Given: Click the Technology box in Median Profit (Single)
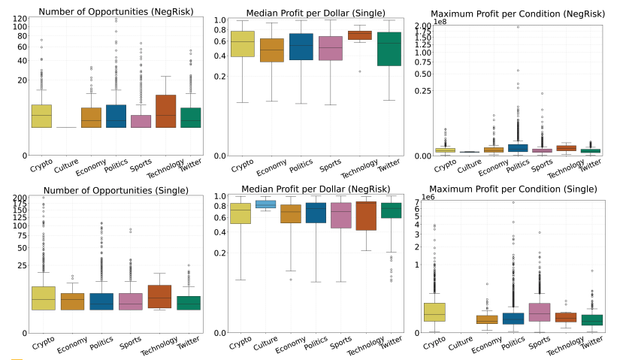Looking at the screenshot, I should [x=359, y=35].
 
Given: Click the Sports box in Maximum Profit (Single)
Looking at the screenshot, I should [x=540, y=310].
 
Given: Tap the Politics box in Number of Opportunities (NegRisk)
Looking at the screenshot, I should [x=116, y=116].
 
